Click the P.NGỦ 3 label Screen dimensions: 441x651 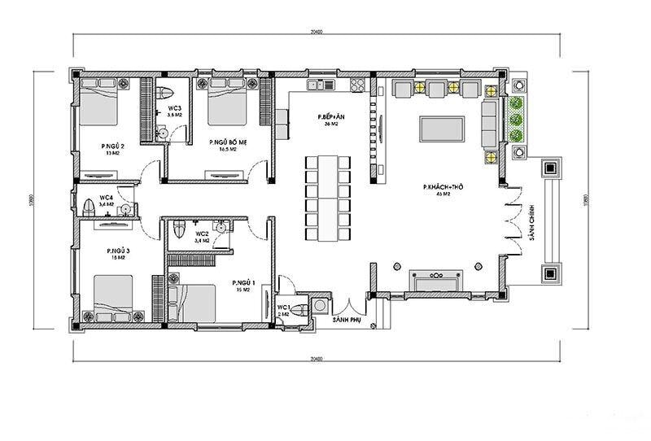[x=119, y=251]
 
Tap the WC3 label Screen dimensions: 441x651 [x=174, y=108]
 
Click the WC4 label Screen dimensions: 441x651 [x=107, y=198]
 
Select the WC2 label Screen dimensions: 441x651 [x=202, y=234]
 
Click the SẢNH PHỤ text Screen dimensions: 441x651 [x=346, y=321]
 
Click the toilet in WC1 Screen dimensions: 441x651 [x=301, y=308]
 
